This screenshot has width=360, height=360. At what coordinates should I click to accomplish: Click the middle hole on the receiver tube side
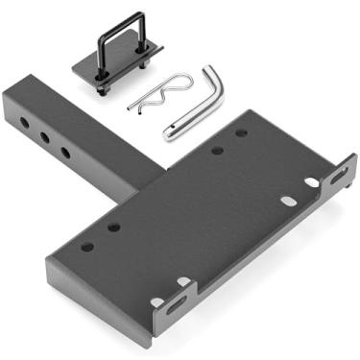(44, 138)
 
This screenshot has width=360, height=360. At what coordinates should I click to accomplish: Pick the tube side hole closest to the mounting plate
(65, 152)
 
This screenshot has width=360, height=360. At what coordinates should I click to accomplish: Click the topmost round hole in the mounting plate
(241, 132)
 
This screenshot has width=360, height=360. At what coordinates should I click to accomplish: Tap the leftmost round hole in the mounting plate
(87, 247)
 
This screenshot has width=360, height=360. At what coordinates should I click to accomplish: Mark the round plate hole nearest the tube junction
(114, 228)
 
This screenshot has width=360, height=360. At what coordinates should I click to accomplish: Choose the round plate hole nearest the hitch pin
(218, 150)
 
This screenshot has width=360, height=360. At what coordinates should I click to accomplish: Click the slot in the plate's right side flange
(339, 176)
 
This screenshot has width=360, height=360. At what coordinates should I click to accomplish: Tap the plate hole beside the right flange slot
(312, 182)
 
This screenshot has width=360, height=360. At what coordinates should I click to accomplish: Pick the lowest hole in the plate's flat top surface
(156, 301)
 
